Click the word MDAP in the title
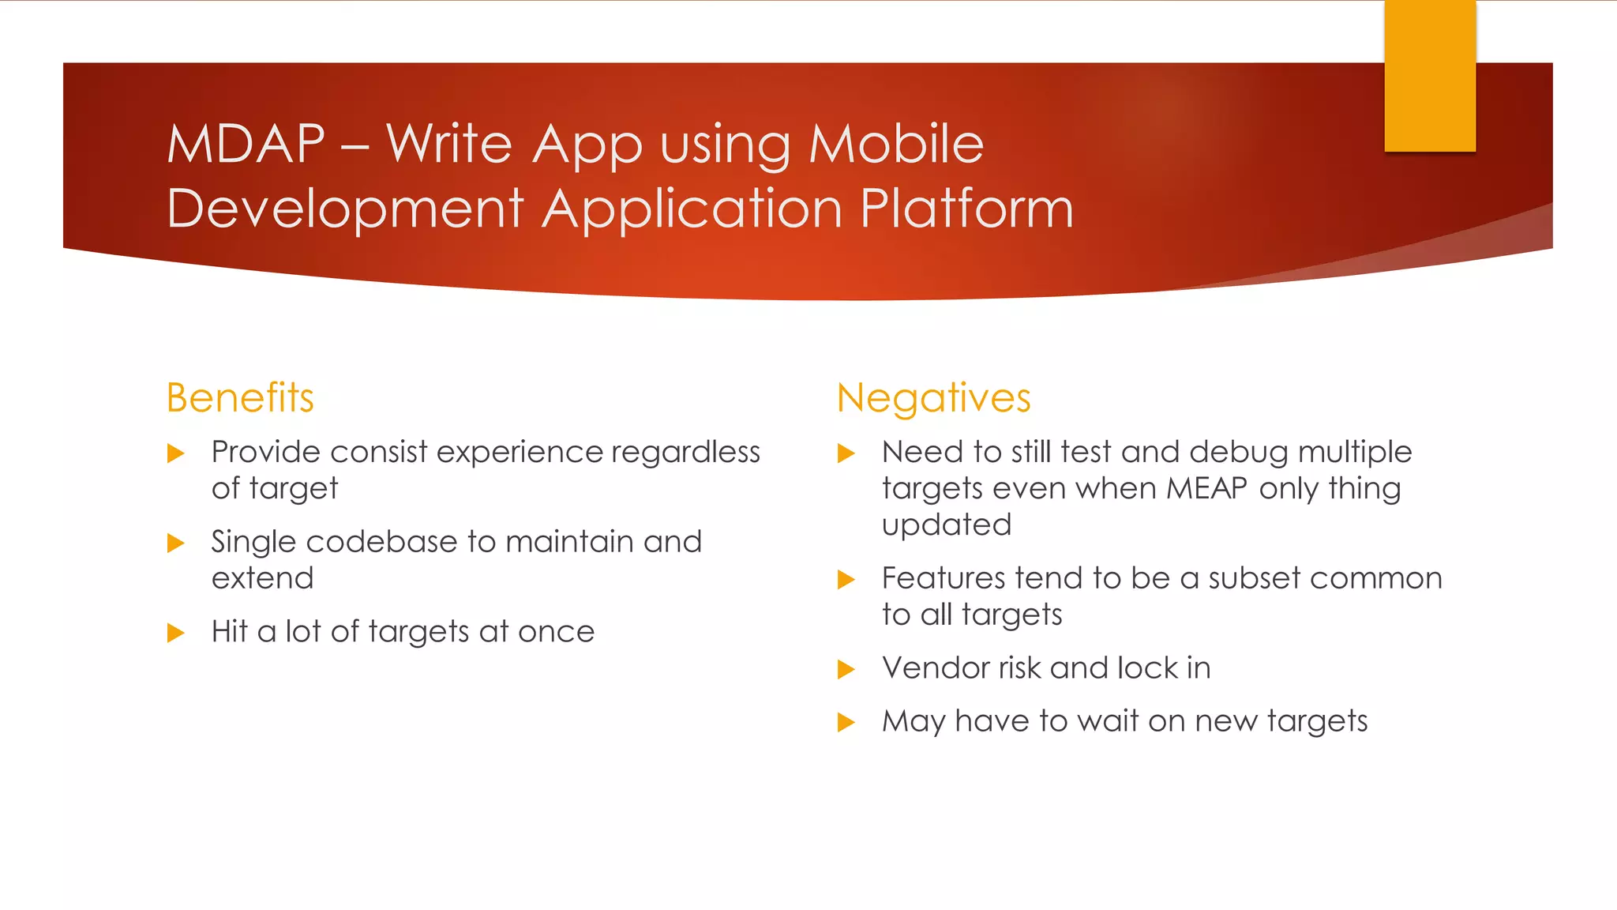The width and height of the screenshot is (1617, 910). click(246, 145)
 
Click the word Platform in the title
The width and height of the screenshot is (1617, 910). click(966, 209)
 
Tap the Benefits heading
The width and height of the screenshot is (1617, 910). click(240, 397)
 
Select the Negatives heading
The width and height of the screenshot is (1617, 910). click(933, 398)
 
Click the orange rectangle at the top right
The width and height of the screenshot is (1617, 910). click(1429, 76)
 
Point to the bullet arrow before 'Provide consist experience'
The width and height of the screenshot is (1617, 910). click(176, 453)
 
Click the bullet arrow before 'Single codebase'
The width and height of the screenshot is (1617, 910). click(176, 543)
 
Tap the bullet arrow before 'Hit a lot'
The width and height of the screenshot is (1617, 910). click(176, 633)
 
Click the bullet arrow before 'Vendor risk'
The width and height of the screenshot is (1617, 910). click(846, 670)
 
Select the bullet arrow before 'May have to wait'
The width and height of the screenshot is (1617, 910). click(846, 722)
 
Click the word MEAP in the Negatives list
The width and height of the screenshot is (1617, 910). click(1206, 488)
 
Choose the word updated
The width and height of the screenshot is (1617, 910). click(946, 525)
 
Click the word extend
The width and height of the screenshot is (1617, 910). click(262, 578)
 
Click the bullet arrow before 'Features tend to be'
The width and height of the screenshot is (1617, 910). click(846, 580)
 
